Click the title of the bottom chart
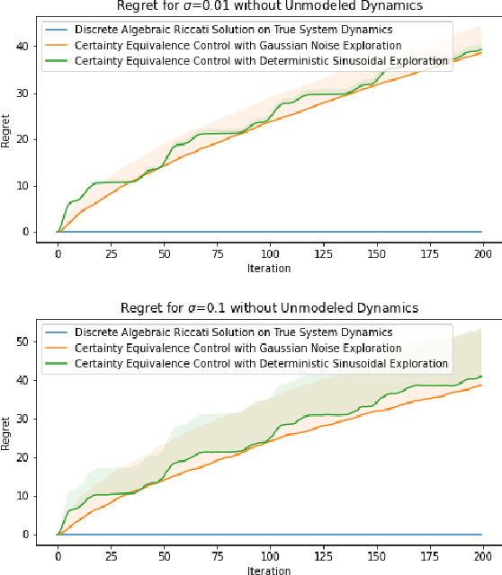268,308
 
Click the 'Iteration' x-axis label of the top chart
269,268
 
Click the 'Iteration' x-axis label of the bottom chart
269,570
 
